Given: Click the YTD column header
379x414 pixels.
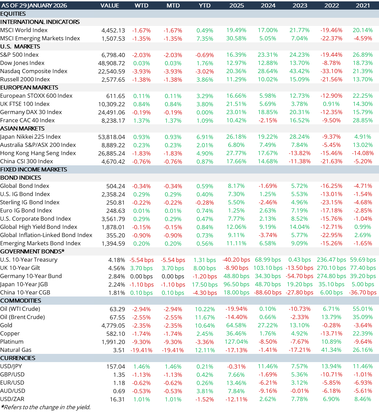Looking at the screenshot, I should pyautogui.click(x=205, y=5).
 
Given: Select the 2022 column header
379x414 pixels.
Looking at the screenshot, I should pyautogui.click(x=331, y=5).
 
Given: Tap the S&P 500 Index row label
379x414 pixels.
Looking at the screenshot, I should pyautogui.click(x=19, y=55).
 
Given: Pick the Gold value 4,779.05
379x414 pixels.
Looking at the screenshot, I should pyautogui.click(x=113, y=326).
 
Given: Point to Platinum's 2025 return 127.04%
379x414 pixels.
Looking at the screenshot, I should pyautogui.click(x=236, y=342).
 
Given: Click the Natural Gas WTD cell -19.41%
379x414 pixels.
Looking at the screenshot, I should pyautogui.click(x=141, y=350).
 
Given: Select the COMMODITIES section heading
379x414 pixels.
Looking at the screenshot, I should pyautogui.click(x=21, y=301).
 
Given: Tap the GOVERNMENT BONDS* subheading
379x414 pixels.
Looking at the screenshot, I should pyautogui.click(x=32, y=251).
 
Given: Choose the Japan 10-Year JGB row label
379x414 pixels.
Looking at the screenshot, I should pyautogui.click(x=24, y=284).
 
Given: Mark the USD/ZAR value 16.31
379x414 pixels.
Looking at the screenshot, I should pyautogui.click(x=118, y=399).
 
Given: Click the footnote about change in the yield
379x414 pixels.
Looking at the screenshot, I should pyautogui.click(x=46, y=407).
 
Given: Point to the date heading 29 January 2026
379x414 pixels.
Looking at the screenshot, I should pyautogui.click(x=35, y=5).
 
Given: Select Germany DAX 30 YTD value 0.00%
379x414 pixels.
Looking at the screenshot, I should pyautogui.click(x=205, y=112).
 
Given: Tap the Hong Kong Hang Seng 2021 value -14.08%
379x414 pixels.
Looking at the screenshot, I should pyautogui.click(x=363, y=153).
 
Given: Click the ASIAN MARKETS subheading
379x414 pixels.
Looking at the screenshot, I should pyautogui.click(x=22, y=128).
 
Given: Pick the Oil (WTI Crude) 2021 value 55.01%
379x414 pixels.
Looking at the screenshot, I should pyautogui.click(x=363, y=309).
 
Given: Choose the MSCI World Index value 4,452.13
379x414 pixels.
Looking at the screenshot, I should pyautogui.click(x=113, y=30).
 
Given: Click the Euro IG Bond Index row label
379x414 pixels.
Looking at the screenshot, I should pyautogui.click(x=26, y=210).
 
